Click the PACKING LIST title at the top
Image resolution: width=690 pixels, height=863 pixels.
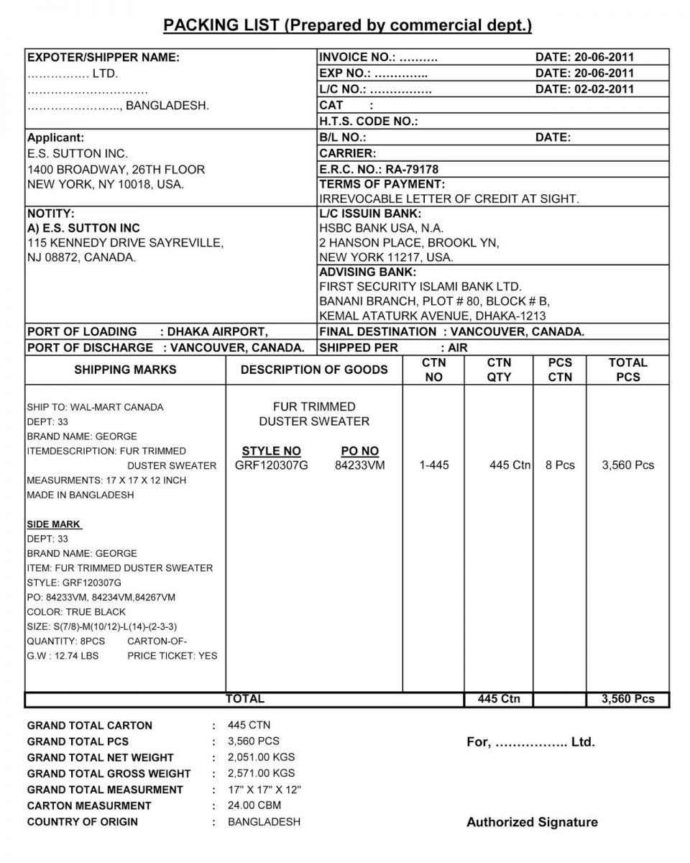(x=348, y=26)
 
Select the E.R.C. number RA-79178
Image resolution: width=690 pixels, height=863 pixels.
(x=412, y=169)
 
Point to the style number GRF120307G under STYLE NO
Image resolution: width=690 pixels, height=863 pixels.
(x=271, y=465)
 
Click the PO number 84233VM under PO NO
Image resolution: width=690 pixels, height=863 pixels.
(x=359, y=465)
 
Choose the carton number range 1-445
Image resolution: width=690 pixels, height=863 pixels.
(x=433, y=465)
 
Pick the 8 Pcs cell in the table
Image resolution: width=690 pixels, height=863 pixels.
(x=560, y=465)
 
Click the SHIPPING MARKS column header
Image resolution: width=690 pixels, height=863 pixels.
(x=125, y=370)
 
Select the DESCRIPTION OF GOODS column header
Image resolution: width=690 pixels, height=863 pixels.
(x=314, y=370)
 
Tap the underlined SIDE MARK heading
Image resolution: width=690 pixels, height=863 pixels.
(x=54, y=524)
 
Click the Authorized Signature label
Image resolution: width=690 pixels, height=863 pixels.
(x=532, y=822)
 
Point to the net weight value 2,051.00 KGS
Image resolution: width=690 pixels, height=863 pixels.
(x=261, y=757)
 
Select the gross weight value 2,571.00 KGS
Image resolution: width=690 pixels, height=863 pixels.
(x=261, y=773)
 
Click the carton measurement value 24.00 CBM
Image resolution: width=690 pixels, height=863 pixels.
(x=254, y=805)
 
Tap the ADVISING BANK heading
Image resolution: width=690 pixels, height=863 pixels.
(x=367, y=272)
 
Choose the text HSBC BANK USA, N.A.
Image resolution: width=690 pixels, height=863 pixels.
(x=381, y=228)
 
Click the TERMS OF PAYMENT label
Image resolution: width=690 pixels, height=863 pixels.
(x=382, y=184)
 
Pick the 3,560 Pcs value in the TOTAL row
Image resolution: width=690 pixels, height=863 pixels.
(x=627, y=699)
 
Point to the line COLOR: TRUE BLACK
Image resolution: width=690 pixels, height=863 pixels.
(x=76, y=612)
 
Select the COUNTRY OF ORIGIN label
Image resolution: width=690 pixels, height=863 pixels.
(x=82, y=822)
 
